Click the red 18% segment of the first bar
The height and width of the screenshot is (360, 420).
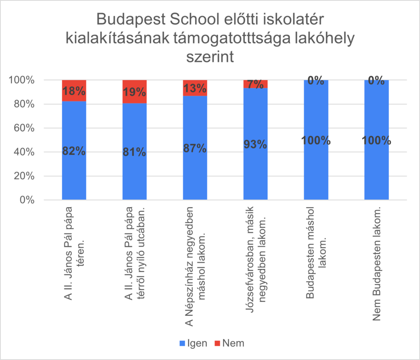coord(74,91)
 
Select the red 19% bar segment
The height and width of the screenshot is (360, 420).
coord(135,92)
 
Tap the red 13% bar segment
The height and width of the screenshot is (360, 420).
coord(195,88)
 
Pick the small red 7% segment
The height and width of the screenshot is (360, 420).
coord(256,84)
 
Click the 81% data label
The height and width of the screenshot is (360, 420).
coord(135,152)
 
